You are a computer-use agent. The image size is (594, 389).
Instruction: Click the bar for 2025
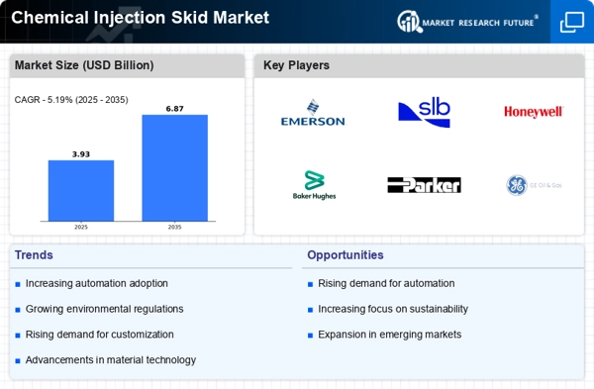pyautogui.click(x=80, y=190)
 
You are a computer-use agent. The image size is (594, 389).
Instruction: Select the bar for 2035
pyautogui.click(x=174, y=167)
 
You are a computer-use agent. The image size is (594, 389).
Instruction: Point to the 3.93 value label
pyautogui.click(x=80, y=153)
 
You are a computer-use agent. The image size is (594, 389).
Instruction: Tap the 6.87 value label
pyautogui.click(x=174, y=108)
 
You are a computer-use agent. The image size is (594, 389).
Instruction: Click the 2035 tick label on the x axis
pyautogui.click(x=174, y=227)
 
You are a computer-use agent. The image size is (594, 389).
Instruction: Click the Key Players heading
pyautogui.click(x=296, y=65)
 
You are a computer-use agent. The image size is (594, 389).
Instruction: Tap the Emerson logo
pyautogui.click(x=313, y=114)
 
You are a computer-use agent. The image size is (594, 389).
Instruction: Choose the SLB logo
pyautogui.click(x=424, y=113)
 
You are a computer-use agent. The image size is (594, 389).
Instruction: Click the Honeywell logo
pyautogui.click(x=533, y=112)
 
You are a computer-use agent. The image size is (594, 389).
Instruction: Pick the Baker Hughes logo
pyautogui.click(x=313, y=185)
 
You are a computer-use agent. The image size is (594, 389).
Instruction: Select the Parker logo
pyautogui.click(x=424, y=185)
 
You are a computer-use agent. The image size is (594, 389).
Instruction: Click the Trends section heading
pyautogui.click(x=36, y=254)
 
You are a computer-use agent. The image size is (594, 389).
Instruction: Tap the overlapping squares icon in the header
pyautogui.click(x=571, y=22)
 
